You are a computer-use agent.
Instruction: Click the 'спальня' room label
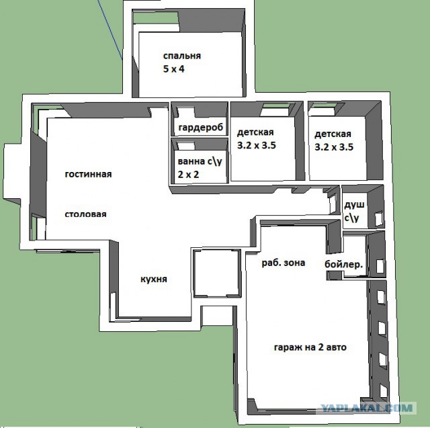[x=182, y=56]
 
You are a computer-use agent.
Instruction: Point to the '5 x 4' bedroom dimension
[x=173, y=69]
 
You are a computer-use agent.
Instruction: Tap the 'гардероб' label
[x=201, y=128]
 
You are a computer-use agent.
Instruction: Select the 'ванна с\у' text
[x=200, y=161]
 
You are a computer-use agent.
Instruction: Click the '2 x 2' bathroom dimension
[x=188, y=175]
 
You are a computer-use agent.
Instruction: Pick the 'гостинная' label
[x=88, y=175]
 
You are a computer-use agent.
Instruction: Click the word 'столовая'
[x=85, y=214]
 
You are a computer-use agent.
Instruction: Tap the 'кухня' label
[x=154, y=279]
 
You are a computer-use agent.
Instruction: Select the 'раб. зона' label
[x=284, y=263]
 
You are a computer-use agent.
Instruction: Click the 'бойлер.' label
[x=343, y=264]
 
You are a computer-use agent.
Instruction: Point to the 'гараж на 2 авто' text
[x=310, y=347]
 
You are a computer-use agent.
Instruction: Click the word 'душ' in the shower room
[x=354, y=205]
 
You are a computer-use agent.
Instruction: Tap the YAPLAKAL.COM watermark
[x=367, y=408]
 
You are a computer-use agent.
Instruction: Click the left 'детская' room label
[x=255, y=132]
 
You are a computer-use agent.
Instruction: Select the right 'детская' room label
[x=333, y=134]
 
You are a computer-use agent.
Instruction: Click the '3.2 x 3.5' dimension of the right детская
[x=334, y=147]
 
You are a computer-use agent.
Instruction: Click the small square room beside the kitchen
[x=216, y=273]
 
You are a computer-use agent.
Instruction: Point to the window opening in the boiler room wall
[x=380, y=267]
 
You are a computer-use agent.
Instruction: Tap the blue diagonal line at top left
[x=110, y=30]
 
